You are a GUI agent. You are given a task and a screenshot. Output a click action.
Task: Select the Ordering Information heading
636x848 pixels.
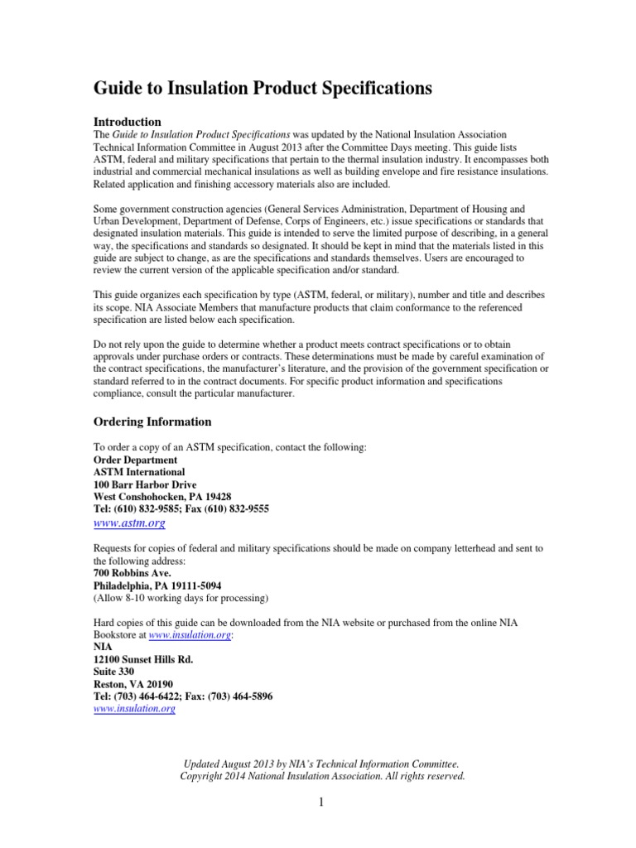pos(152,422)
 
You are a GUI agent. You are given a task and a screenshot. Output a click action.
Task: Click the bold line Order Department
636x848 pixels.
pos(135,460)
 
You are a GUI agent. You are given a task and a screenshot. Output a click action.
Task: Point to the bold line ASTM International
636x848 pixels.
pos(139,472)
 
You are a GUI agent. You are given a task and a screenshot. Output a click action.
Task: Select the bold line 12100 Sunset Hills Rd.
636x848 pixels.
pos(148,659)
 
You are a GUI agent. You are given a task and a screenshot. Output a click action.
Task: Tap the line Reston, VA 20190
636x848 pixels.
pos(133,684)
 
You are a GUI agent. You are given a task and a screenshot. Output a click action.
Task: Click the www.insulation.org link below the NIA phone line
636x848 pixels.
pos(134,709)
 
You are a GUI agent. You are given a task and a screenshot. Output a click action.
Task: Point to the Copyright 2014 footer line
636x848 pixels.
pos(322,776)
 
